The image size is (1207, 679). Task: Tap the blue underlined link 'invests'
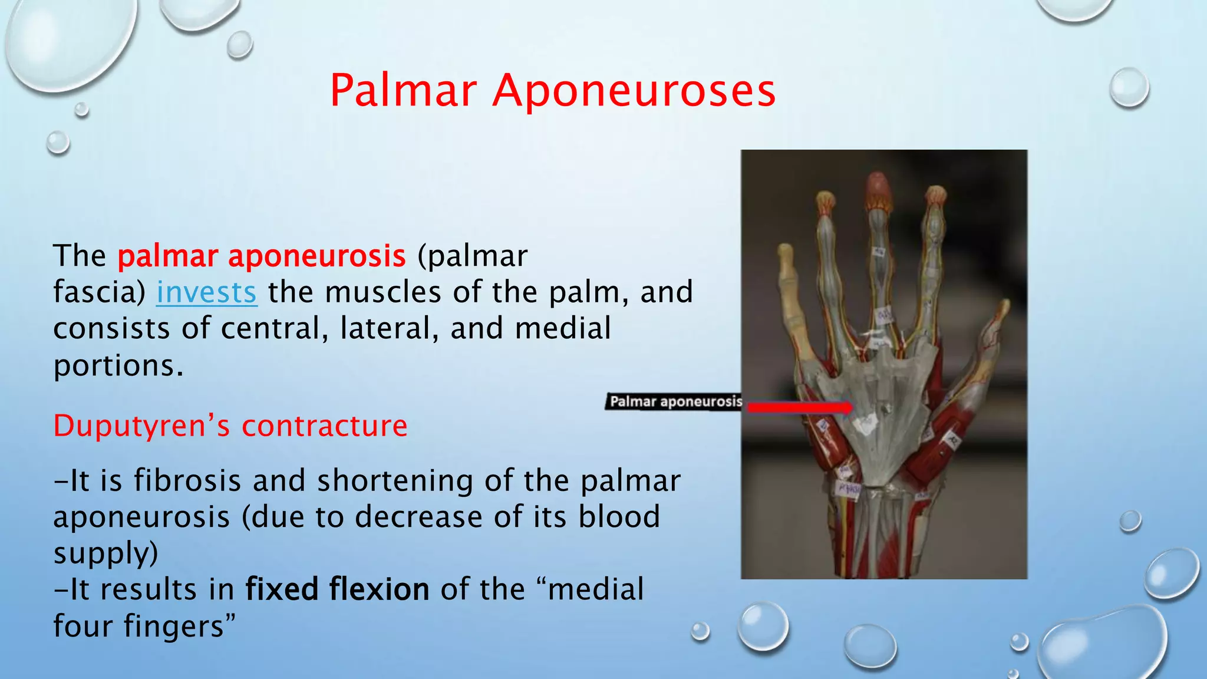(206, 292)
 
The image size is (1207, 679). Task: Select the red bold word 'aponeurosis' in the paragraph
(316, 256)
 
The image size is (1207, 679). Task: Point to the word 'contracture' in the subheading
(324, 426)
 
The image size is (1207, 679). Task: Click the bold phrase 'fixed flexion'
(337, 589)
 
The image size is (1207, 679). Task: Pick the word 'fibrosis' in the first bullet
(187, 480)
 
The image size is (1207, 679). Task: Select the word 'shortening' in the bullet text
(395, 480)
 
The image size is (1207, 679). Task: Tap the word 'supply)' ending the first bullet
(106, 553)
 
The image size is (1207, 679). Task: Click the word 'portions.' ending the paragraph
(118, 365)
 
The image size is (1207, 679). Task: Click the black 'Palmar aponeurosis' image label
(675, 402)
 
